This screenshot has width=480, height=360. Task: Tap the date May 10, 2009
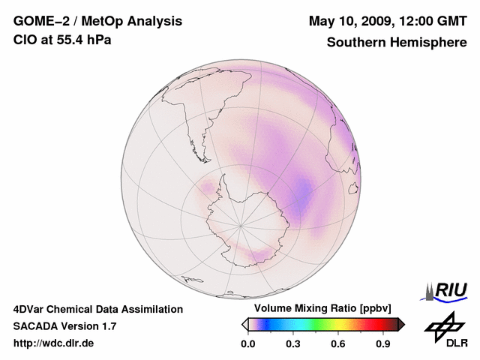(350, 20)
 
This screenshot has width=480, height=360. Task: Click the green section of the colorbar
(319, 324)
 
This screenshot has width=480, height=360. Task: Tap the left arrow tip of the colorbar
(243, 324)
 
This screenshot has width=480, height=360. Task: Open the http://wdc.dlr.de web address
(53, 343)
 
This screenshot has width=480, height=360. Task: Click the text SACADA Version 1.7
(65, 326)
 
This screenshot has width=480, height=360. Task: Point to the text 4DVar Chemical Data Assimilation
(97, 309)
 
